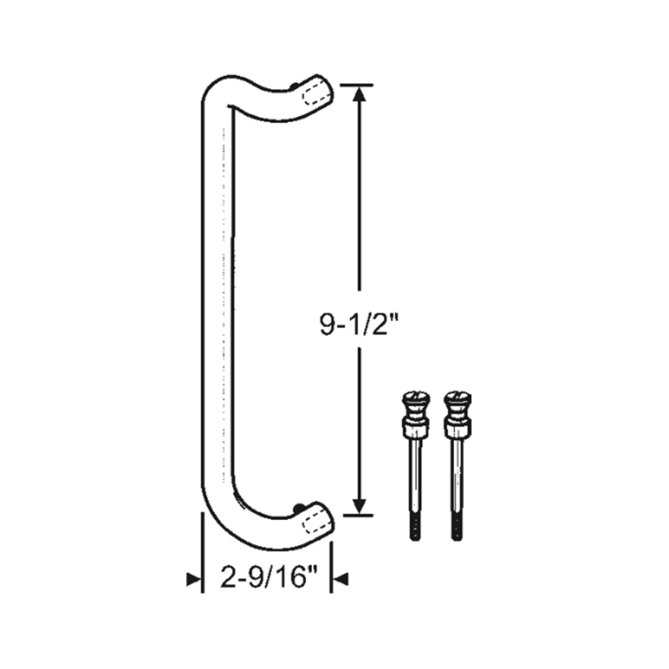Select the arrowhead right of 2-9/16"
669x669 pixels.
pos(341,579)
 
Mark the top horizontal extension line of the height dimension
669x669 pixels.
pos(357,85)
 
